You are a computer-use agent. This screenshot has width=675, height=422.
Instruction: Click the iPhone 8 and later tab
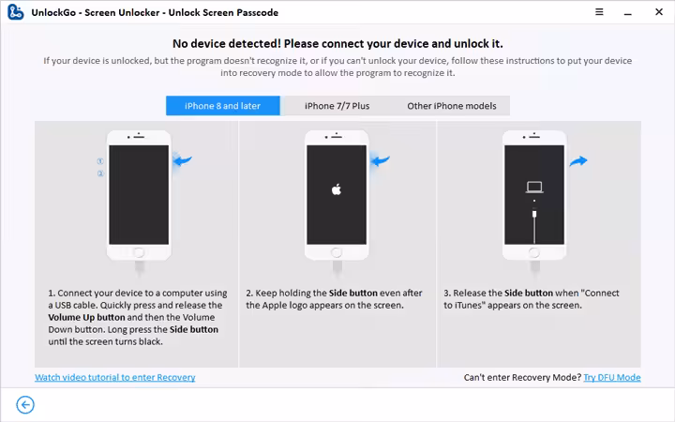pyautogui.click(x=222, y=106)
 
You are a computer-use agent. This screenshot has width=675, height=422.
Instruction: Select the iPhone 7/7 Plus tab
pyautogui.click(x=337, y=106)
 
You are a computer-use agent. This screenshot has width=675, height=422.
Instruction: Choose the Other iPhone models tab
pyautogui.click(x=452, y=106)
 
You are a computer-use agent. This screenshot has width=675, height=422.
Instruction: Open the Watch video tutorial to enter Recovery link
pyautogui.click(x=115, y=377)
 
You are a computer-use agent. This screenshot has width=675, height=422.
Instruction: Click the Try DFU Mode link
pyautogui.click(x=611, y=377)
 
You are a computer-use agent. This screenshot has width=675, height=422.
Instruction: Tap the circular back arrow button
pyautogui.click(x=25, y=405)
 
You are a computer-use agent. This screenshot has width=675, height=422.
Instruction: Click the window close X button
pyautogui.click(x=659, y=12)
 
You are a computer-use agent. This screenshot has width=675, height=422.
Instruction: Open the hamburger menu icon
pyautogui.click(x=599, y=12)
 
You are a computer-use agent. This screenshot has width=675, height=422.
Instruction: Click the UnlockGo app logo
pyautogui.click(x=16, y=12)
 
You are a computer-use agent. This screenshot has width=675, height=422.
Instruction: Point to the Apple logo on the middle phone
pyautogui.click(x=337, y=189)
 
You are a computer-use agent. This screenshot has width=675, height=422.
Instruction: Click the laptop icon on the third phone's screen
pyautogui.click(x=534, y=187)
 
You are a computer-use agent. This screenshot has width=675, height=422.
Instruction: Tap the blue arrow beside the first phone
pyautogui.click(x=183, y=160)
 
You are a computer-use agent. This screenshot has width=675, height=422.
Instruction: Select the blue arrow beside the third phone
pyautogui.click(x=578, y=161)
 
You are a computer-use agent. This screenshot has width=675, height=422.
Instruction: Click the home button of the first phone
pyautogui.click(x=139, y=252)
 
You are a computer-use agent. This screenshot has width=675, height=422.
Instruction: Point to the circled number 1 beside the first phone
pyautogui.click(x=100, y=161)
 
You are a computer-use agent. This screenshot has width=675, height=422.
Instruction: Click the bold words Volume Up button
pyautogui.click(x=86, y=317)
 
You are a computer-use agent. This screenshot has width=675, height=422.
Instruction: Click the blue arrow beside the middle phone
pyautogui.click(x=380, y=160)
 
